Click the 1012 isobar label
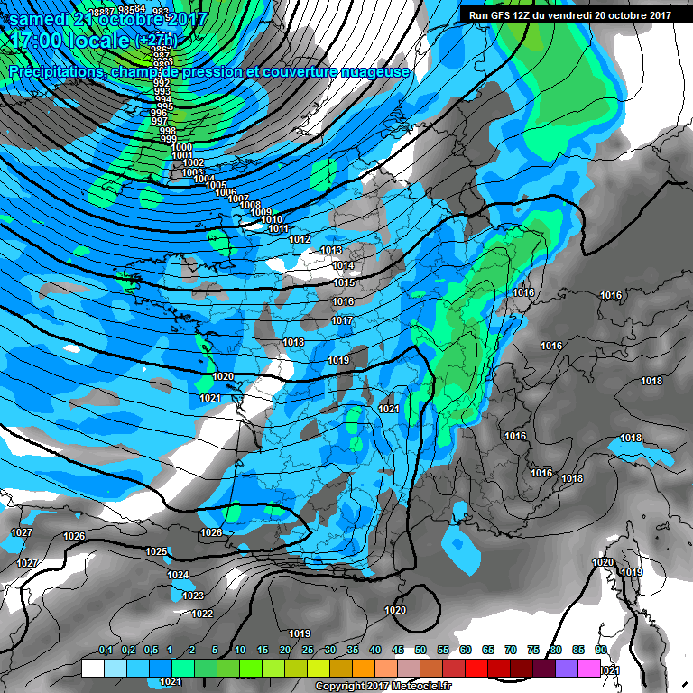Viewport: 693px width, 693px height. pyautogui.click(x=300, y=239)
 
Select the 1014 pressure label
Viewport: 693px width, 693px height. pyautogui.click(x=343, y=265)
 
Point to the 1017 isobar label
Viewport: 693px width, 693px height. pyautogui.click(x=341, y=320)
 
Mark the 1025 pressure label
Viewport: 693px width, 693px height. pyautogui.click(x=156, y=551)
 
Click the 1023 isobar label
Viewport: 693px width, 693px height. pyautogui.click(x=193, y=596)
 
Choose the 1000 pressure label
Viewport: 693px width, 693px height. pyautogui.click(x=181, y=147)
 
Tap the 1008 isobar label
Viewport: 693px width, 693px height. pyautogui.click(x=249, y=205)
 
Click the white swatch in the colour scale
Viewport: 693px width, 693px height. pyautogui.click(x=92, y=669)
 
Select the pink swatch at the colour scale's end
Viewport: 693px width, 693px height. pyautogui.click(x=588, y=669)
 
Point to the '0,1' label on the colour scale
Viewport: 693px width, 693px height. pyautogui.click(x=105, y=651)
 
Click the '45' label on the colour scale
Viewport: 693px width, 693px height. pyautogui.click(x=398, y=651)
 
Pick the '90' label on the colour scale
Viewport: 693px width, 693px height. pyautogui.click(x=600, y=651)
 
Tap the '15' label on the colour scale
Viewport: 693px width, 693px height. pyautogui.click(x=262, y=651)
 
